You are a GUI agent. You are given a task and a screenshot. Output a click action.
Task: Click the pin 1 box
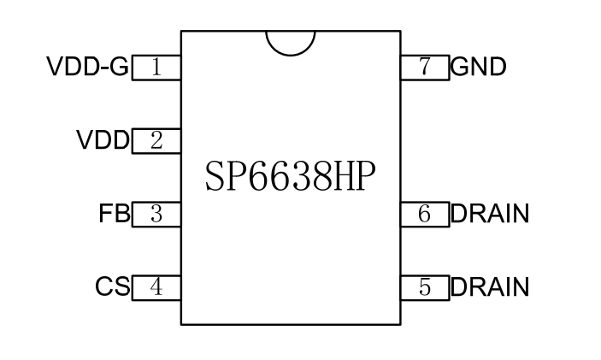point(156,68)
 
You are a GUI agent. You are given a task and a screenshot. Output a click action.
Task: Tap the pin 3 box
point(156,215)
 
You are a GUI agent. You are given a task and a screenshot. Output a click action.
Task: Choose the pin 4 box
point(156,287)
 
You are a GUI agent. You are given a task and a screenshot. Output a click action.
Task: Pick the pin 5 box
point(425,287)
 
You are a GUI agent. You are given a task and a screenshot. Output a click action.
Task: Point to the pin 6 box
point(425,215)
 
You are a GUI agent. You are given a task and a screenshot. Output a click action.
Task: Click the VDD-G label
point(86,67)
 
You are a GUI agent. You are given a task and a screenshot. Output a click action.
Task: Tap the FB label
point(114,214)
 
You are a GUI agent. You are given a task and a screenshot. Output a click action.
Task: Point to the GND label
point(479,67)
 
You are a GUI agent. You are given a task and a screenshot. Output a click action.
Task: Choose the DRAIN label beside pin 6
point(490,214)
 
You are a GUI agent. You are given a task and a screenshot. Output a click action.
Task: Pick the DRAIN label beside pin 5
point(490,287)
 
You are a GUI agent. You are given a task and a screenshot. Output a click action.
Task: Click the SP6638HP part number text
point(291,176)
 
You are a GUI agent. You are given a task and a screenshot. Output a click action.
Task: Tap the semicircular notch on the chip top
point(291,42)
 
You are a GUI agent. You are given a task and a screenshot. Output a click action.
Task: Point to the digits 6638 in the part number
point(291,176)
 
